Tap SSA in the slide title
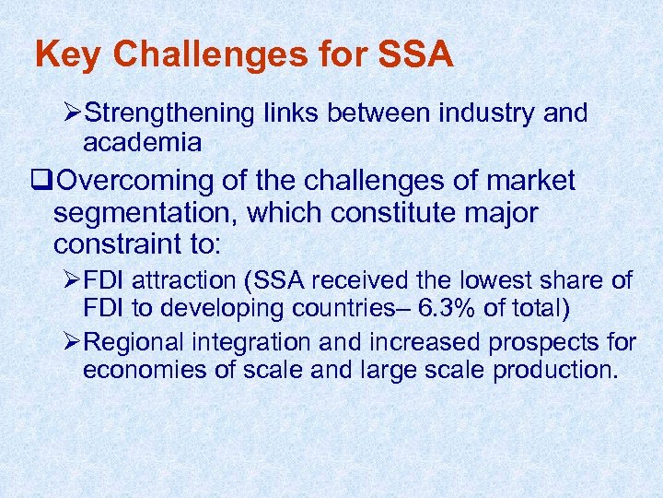pos(415,55)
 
